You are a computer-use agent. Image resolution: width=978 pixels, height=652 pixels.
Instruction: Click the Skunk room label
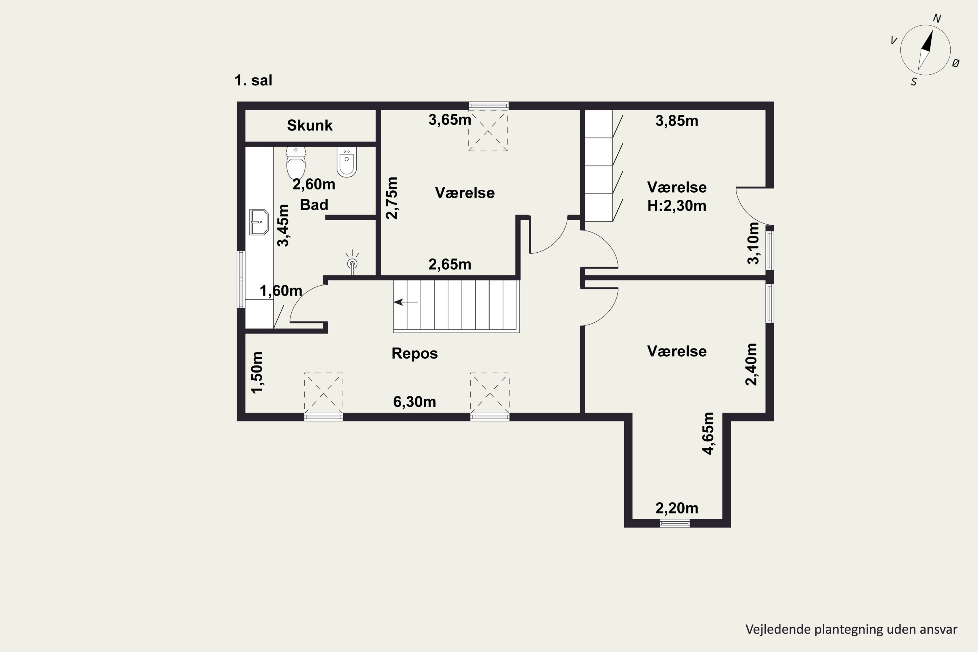tap(310, 125)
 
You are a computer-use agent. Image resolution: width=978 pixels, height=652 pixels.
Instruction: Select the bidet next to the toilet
tap(346, 162)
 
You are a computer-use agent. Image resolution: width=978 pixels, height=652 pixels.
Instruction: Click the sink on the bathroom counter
tap(259, 222)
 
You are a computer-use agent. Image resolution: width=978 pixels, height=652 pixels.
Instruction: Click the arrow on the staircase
tap(406, 302)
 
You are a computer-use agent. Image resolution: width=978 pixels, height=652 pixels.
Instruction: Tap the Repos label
tap(415, 353)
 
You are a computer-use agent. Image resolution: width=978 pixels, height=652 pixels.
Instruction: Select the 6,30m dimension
tap(415, 402)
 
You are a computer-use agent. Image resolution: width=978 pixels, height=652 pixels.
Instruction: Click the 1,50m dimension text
tap(257, 372)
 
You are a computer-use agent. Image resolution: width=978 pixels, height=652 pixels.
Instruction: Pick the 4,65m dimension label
tap(708, 433)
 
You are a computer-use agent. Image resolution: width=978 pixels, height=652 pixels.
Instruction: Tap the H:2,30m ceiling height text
tap(676, 206)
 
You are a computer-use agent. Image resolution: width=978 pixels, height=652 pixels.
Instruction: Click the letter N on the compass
tap(937, 18)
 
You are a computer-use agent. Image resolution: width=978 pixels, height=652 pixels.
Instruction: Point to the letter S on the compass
tap(913, 82)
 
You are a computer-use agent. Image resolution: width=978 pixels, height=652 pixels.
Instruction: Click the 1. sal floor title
tap(253, 80)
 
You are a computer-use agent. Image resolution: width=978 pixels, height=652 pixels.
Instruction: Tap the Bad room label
tap(314, 205)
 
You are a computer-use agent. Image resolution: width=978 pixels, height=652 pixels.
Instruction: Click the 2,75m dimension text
tap(392, 198)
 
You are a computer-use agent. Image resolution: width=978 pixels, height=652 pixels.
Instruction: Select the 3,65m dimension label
tap(450, 120)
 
